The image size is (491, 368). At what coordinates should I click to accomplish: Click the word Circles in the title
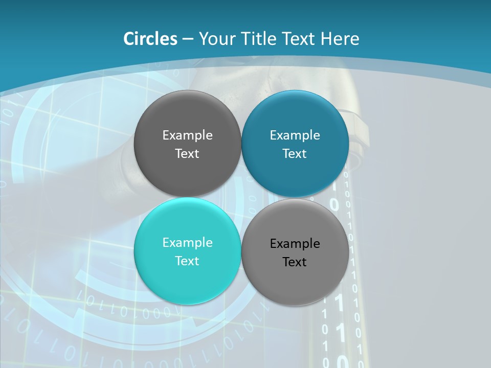point(150,39)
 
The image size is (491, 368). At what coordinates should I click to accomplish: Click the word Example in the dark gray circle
point(187,135)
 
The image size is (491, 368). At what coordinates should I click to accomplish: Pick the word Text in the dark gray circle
point(187,153)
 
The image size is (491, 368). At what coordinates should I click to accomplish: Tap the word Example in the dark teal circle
point(295,135)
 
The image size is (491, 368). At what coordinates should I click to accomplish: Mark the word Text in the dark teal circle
point(295,153)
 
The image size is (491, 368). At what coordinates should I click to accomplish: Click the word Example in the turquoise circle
point(187,242)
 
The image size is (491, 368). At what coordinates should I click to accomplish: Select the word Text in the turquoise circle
point(187,261)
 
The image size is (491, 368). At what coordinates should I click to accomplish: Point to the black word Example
point(295,244)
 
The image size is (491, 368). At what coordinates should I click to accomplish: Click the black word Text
point(295,262)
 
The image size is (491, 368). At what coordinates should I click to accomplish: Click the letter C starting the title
point(129,39)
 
